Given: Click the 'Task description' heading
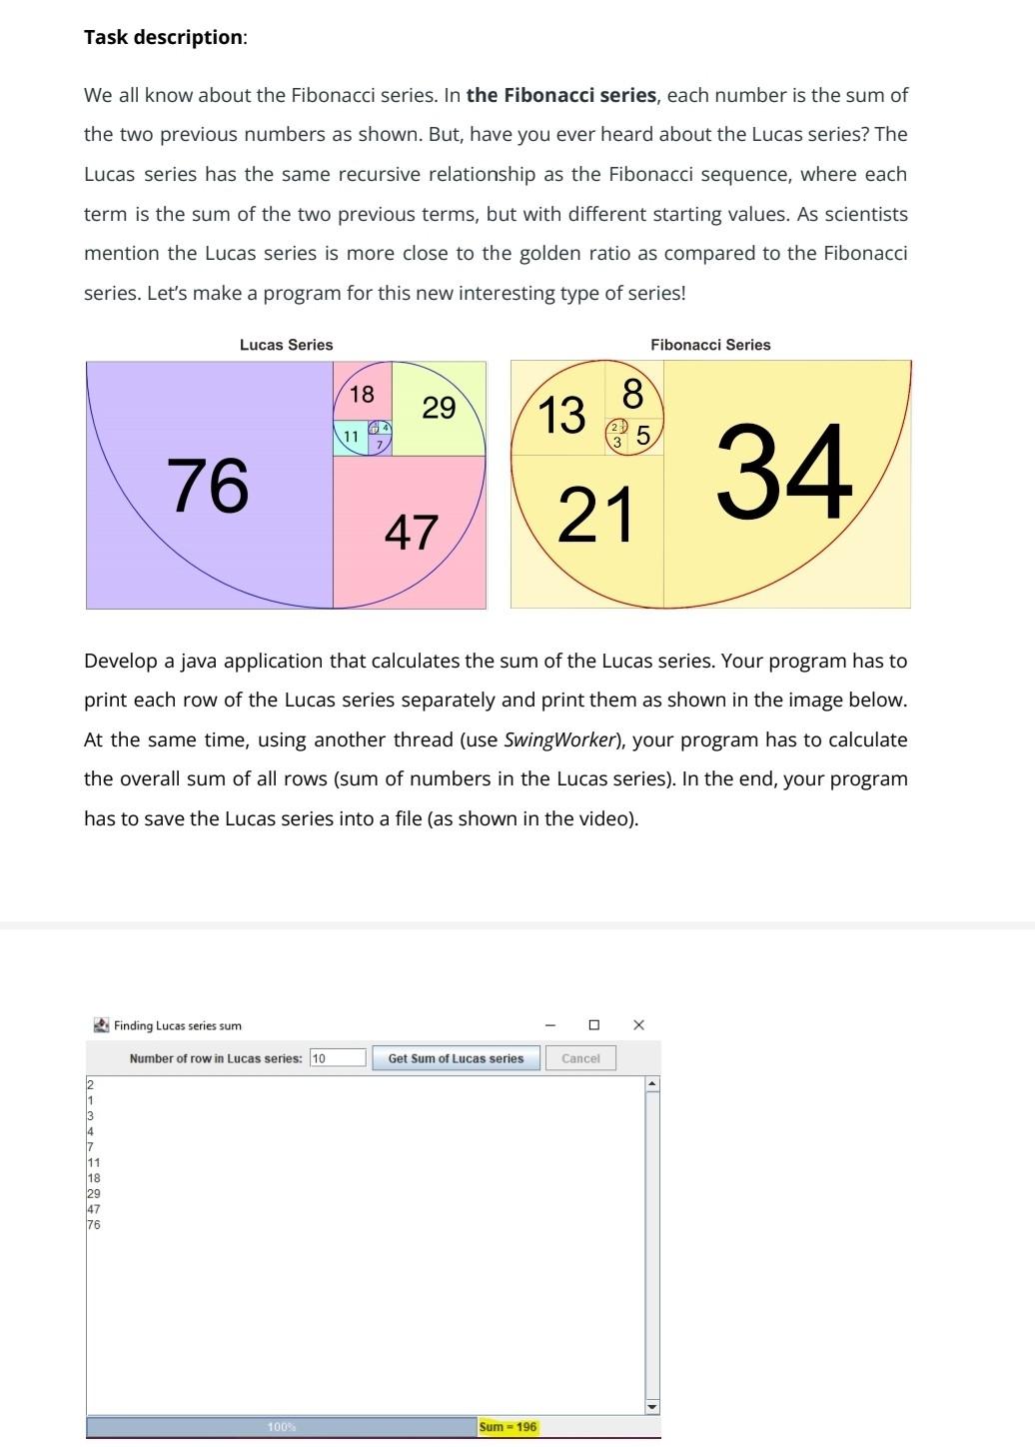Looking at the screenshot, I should [164, 37].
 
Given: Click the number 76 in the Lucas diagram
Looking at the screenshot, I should [208, 486].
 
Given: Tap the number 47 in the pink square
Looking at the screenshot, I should [412, 532].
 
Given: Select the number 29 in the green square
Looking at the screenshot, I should [439, 408].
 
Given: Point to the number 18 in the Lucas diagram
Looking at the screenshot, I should [362, 394].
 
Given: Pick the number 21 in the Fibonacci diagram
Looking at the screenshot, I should [595, 516].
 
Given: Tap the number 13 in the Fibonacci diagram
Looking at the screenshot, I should [561, 415].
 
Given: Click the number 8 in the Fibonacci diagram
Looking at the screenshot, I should [633, 394].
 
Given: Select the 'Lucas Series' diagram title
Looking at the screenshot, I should [286, 345].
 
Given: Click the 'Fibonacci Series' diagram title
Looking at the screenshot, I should [710, 345].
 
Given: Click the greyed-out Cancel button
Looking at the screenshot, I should [580, 1058].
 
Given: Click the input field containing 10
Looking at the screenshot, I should [338, 1058].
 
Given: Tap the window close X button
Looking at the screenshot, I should [639, 1025].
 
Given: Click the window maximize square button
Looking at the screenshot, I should [594, 1025].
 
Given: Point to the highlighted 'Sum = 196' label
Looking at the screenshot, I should [508, 1427].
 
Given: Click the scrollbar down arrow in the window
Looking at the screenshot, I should [652, 1406].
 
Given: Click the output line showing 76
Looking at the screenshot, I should [94, 1225].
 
